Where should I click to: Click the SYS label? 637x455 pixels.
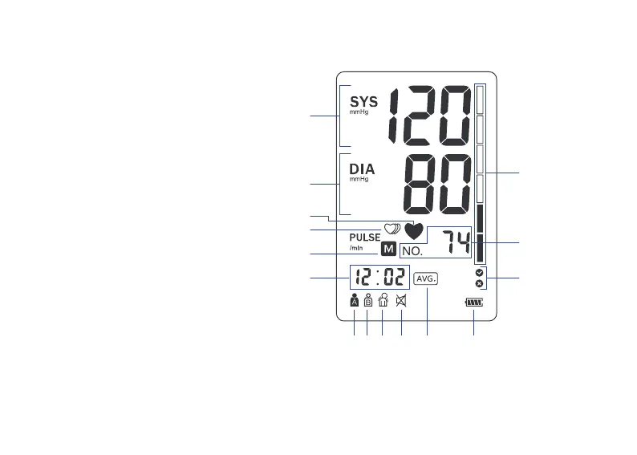(363, 102)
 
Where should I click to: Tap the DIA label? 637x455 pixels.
(362, 169)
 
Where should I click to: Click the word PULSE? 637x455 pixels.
(364, 238)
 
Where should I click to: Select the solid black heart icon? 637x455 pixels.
(414, 231)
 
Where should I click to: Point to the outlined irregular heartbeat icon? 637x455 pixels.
(392, 229)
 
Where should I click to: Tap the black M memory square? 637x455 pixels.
(389, 249)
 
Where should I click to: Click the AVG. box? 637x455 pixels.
(426, 278)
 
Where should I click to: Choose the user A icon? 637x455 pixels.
(354, 301)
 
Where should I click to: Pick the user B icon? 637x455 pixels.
(367, 301)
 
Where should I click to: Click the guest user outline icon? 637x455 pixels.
(383, 301)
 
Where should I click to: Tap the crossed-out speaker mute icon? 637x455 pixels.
(401, 301)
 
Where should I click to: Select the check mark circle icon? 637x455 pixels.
(479, 273)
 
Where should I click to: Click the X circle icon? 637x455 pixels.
(479, 283)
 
